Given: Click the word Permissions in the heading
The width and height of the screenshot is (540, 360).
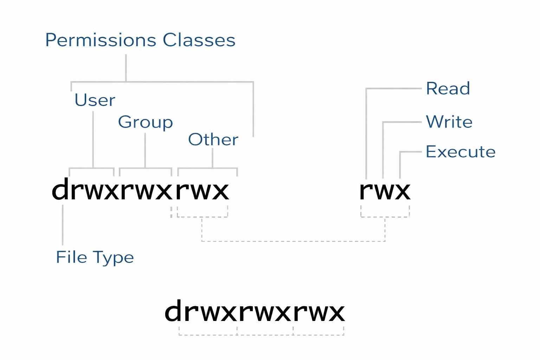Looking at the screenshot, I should pos(101,40).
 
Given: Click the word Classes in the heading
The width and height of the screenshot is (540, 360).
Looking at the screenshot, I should pos(199,40).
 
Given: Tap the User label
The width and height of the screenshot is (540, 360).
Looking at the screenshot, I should pos(95,100).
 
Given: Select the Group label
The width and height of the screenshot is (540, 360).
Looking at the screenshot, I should pos(145,122).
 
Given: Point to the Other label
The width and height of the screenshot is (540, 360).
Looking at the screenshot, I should pos(213,140).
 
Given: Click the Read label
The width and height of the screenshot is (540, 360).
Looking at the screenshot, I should pos(448,89).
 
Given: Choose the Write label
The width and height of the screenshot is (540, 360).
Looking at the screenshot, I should pos(449,122).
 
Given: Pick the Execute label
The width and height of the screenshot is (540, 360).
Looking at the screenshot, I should pos(460,152).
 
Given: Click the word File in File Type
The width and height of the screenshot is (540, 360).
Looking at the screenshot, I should pos(71,257).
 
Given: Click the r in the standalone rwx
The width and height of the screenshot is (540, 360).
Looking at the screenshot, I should pos(366,191).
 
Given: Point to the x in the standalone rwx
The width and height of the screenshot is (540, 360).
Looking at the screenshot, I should pos(401,191).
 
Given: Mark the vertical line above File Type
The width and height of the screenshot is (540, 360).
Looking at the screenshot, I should pos(63,225).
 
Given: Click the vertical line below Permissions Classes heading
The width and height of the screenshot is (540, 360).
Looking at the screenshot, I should pos(126,68).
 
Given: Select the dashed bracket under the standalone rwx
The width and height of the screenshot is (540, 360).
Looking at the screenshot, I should pos(385,217).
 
